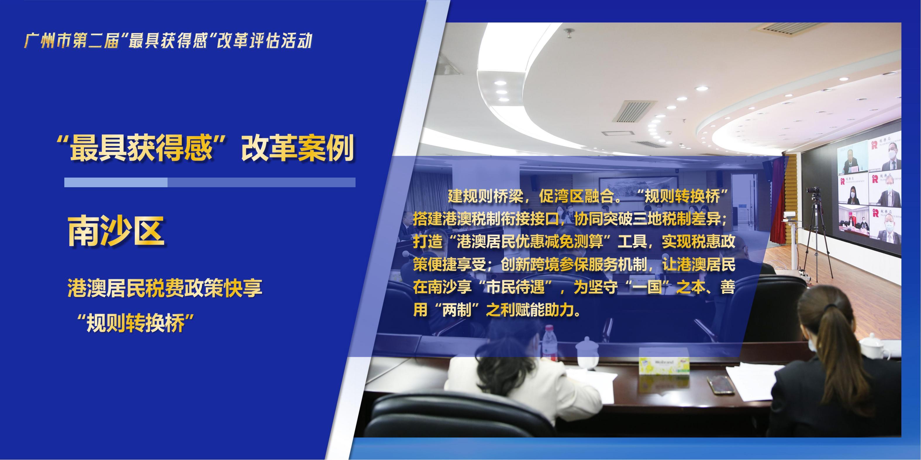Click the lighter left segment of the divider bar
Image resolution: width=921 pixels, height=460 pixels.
(x=116, y=183)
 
